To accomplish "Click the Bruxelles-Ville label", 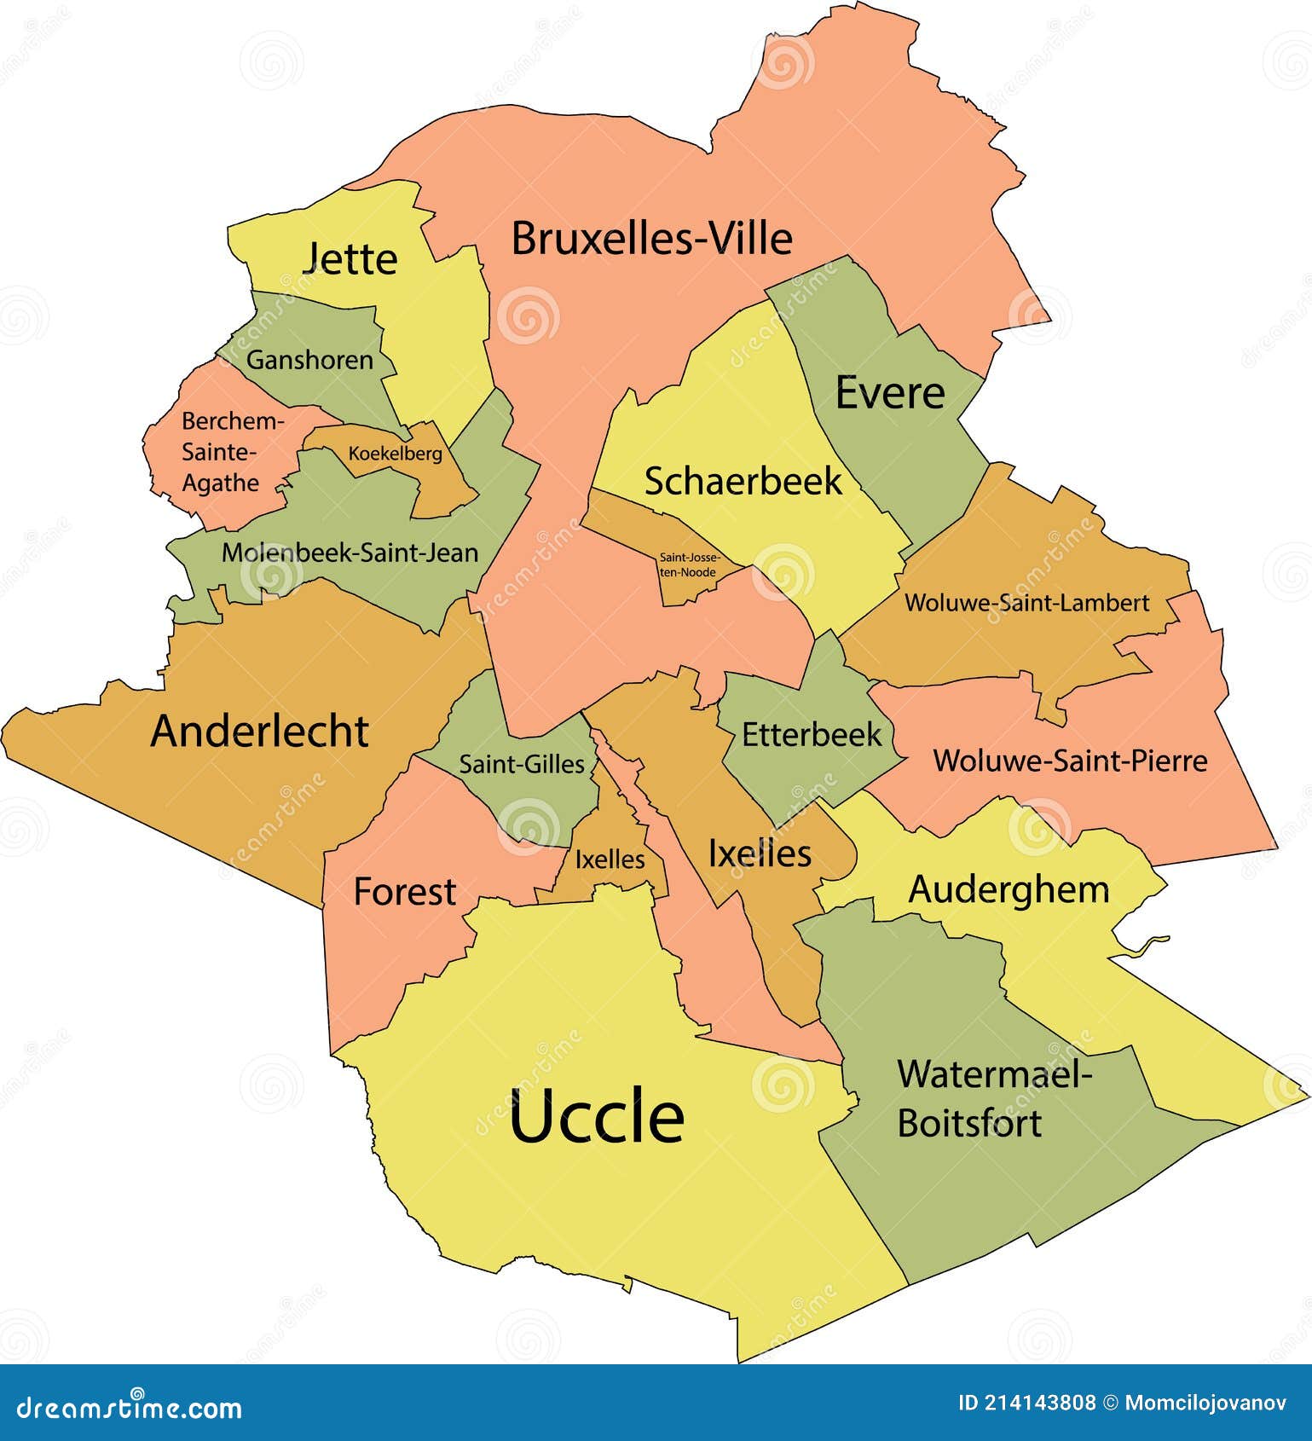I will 651,238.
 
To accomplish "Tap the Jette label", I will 350,258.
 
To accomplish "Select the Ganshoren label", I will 309,360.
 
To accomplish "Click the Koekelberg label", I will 395,454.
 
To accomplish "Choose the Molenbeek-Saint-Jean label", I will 350,553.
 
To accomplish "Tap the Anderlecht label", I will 259,731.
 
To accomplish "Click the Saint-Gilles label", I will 522,763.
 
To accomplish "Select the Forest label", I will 405,892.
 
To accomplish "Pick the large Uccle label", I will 597,1117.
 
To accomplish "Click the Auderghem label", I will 1009,889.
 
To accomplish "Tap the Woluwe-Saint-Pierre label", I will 1070,760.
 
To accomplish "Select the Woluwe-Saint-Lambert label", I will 1026,603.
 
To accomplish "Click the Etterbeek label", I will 811,734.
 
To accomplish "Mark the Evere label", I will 889,392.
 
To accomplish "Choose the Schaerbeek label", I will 743,481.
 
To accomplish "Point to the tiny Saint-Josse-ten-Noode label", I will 687,564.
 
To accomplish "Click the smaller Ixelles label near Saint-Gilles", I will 610,859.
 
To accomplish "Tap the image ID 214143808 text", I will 1027,1403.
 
